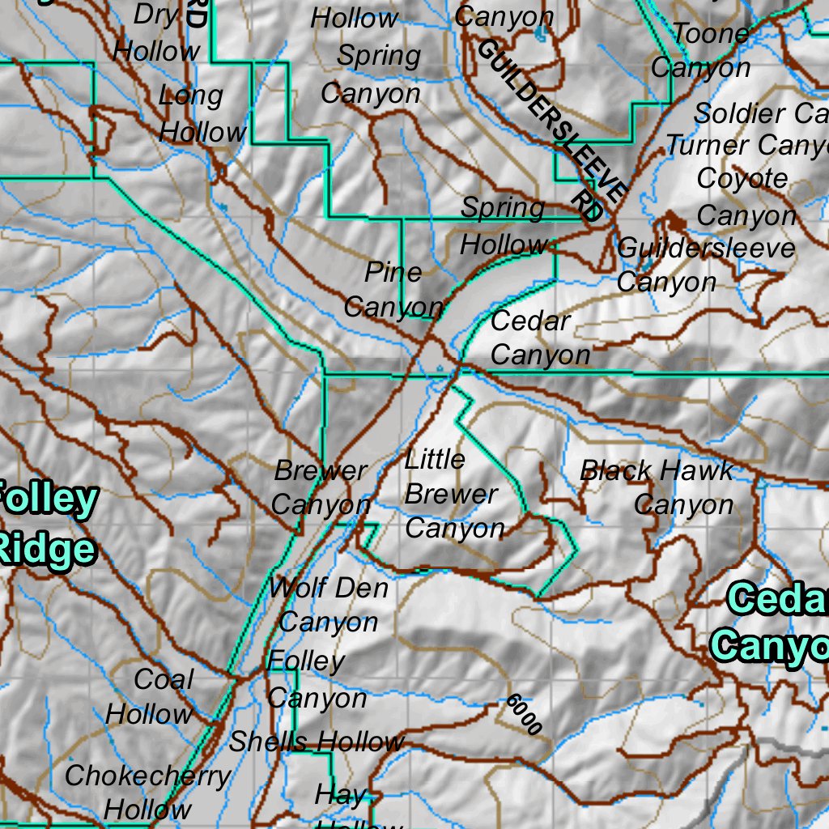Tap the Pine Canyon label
(393, 290)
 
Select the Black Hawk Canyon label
(657, 487)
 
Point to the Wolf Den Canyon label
(328, 605)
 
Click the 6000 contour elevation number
(524, 714)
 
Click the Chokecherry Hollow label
(147, 792)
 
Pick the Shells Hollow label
(316, 741)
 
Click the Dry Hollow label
(157, 33)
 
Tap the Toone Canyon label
(701, 50)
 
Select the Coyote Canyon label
(746, 197)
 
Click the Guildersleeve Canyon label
(704, 265)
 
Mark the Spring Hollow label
(504, 226)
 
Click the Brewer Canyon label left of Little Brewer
(321, 487)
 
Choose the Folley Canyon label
(316, 679)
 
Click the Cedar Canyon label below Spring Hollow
(540, 338)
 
